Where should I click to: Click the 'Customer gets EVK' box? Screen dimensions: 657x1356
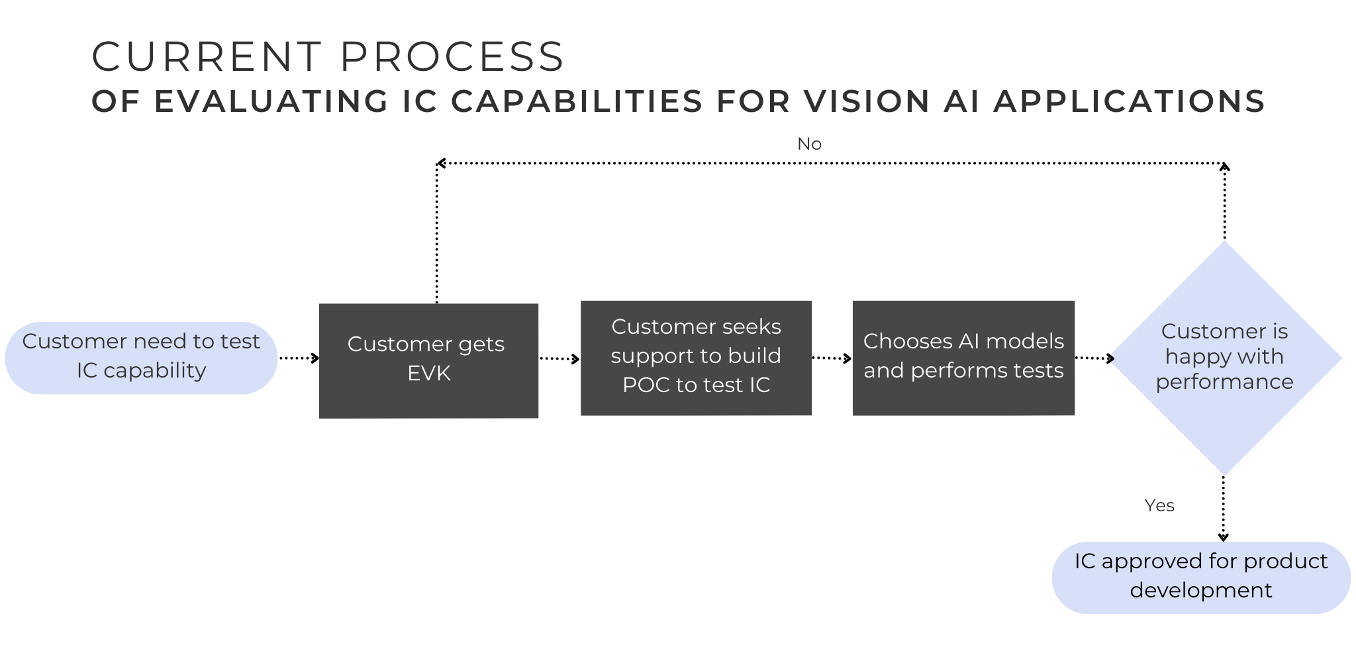pos(428,361)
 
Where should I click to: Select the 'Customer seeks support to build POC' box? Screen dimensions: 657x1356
pos(696,358)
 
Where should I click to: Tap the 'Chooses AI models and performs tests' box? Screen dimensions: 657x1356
pos(963,358)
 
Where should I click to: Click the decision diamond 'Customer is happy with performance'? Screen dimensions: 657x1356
pos(1224,358)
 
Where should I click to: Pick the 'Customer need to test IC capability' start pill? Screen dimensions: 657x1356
pos(141,358)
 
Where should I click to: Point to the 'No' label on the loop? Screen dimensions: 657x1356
pos(809,144)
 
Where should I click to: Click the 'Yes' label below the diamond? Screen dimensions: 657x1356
pos(1159,505)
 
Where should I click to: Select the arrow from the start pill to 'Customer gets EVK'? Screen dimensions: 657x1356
pos(299,358)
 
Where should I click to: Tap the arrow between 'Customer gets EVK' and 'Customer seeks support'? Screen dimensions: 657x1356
pos(559,359)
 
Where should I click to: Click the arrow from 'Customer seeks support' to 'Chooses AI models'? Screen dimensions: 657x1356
pos(832,358)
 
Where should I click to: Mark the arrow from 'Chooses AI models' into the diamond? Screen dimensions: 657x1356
pos(1094,358)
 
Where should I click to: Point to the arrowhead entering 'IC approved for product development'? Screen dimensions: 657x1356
pos(1224,537)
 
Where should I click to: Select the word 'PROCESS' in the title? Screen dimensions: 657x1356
pos(452,57)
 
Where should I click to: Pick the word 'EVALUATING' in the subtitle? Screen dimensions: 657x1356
pos(271,102)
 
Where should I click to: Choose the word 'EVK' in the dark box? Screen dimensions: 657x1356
pos(429,374)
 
